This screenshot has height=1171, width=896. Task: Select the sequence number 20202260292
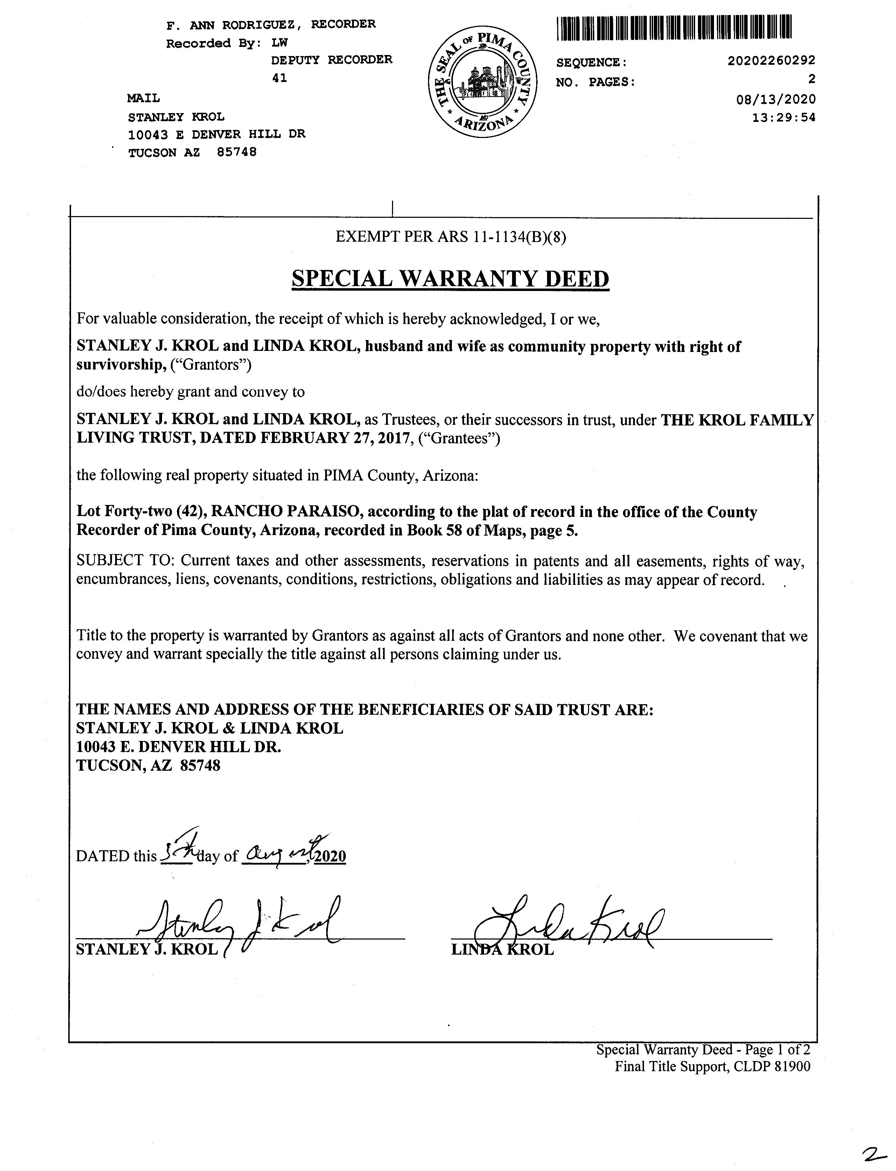click(x=771, y=61)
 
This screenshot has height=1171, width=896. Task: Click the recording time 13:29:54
click(x=783, y=117)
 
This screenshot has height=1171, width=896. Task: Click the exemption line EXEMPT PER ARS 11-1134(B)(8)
click(x=451, y=236)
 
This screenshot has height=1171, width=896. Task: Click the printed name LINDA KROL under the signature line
click(x=502, y=950)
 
